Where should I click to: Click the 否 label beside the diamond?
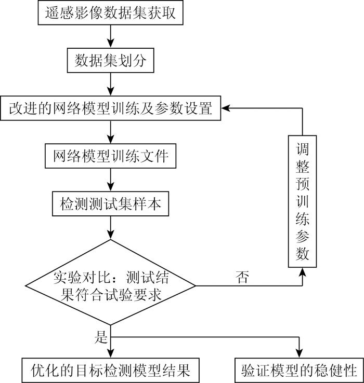click(x=242, y=277)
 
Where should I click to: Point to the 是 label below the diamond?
click(x=101, y=337)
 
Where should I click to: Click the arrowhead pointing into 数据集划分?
click(x=111, y=43)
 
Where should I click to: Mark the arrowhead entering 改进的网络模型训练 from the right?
click(x=226, y=108)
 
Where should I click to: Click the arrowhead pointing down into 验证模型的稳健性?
click(x=299, y=353)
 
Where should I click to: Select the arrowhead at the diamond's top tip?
click(x=111, y=235)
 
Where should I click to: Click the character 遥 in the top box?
click(x=52, y=12)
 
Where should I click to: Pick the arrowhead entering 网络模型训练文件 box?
click(x=111, y=139)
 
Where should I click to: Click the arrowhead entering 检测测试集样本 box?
click(x=111, y=187)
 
